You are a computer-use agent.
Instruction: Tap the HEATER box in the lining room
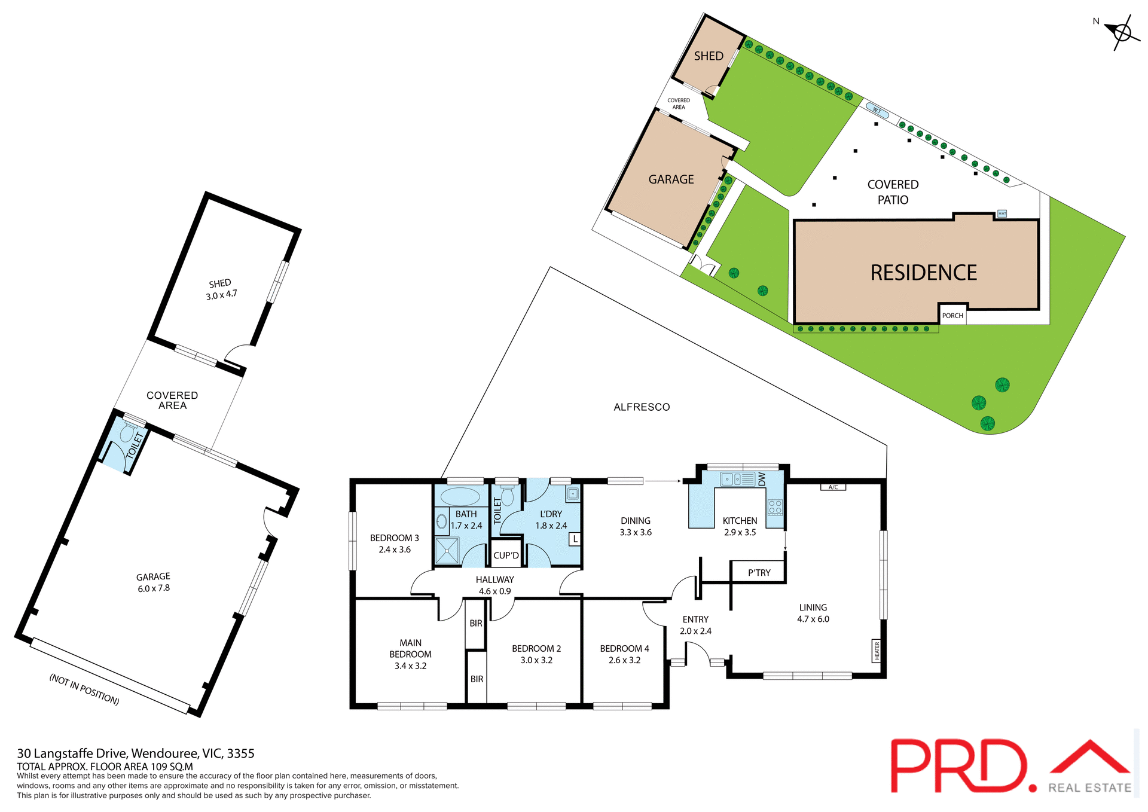(x=877, y=651)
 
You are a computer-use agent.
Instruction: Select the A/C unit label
(x=833, y=487)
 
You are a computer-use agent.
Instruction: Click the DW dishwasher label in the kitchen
(x=762, y=479)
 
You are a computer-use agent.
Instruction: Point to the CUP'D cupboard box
(x=506, y=555)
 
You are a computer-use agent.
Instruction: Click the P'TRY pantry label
(x=759, y=572)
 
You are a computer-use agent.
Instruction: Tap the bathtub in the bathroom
(x=460, y=497)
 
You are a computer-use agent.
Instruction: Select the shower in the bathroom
(x=447, y=550)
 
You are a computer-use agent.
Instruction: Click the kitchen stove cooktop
(x=775, y=507)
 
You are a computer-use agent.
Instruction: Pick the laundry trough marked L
(x=575, y=539)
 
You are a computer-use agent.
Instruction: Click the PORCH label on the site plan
(x=952, y=315)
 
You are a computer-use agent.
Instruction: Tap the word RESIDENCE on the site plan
(x=923, y=273)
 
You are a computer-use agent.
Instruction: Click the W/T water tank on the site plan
(x=877, y=111)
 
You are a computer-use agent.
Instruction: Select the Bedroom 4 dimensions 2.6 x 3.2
(x=624, y=660)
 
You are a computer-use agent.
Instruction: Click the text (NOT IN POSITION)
(x=84, y=689)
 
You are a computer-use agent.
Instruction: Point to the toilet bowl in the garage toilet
(x=126, y=434)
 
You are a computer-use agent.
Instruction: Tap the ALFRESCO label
(x=642, y=407)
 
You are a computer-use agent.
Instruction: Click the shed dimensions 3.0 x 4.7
(x=222, y=295)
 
